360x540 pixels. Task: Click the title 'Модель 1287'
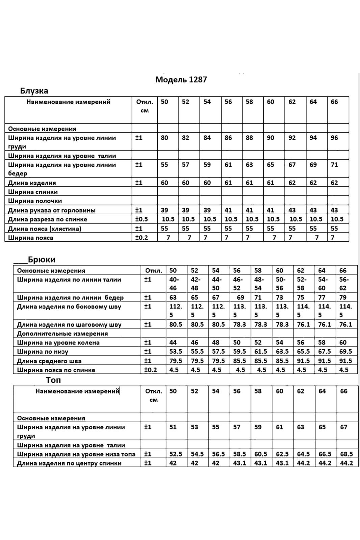181,80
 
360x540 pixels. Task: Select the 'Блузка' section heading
34,91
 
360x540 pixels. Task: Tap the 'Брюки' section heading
42,260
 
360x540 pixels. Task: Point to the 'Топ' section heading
53,380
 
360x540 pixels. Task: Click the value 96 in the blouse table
334,138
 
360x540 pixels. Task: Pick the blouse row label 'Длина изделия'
32,183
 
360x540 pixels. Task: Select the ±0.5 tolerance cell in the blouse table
142,219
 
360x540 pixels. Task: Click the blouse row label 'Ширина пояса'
31,238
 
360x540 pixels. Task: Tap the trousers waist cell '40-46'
174,283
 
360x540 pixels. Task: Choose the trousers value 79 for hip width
343,297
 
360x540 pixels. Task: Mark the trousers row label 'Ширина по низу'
43,352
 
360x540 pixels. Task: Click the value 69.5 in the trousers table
345,351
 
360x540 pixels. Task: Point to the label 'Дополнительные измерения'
62,333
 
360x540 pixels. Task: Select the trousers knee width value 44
173,343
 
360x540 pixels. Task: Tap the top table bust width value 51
173,427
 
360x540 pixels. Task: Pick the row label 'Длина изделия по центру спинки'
69,463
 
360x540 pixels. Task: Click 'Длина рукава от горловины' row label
52,210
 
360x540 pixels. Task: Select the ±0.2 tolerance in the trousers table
151,370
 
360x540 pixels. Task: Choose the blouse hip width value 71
334,165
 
